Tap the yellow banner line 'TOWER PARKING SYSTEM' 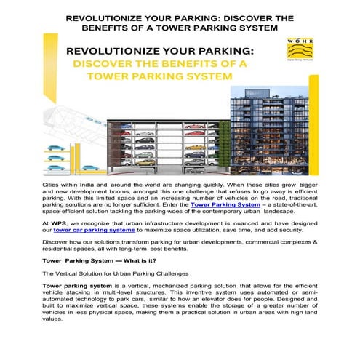coord(155,76)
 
